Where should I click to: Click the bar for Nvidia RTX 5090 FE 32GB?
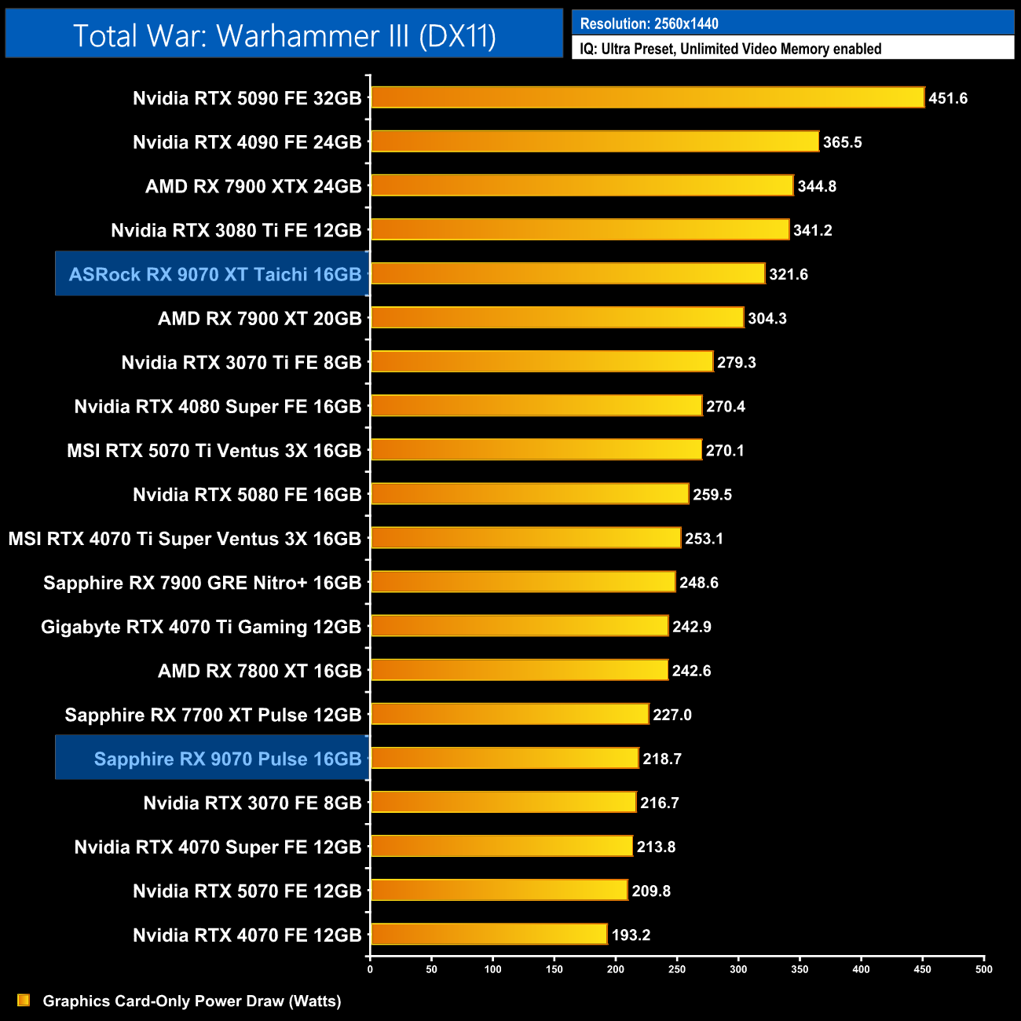tap(647, 97)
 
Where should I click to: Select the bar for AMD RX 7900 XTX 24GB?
tap(582, 185)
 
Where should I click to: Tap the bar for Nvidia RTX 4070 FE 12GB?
tap(489, 934)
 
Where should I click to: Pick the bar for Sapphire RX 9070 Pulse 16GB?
tap(504, 758)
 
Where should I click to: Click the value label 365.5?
tap(842, 142)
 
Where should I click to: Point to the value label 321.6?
tap(788, 274)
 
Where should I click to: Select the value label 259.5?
tap(712, 495)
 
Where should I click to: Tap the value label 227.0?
tap(672, 715)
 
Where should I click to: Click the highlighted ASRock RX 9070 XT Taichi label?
tap(214, 274)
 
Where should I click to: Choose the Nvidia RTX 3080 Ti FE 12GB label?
tap(236, 230)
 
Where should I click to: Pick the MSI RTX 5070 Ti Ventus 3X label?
tap(214, 451)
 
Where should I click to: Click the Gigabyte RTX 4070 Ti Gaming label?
tap(200, 627)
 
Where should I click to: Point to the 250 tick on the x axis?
tap(677, 969)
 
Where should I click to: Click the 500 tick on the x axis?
tap(983, 969)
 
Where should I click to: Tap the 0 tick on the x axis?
tap(370, 969)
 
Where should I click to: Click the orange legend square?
tap(24, 1000)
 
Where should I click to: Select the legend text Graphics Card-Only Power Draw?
tap(192, 1001)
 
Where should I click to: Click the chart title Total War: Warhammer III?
tap(284, 36)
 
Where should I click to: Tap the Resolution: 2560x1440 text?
tap(649, 24)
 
